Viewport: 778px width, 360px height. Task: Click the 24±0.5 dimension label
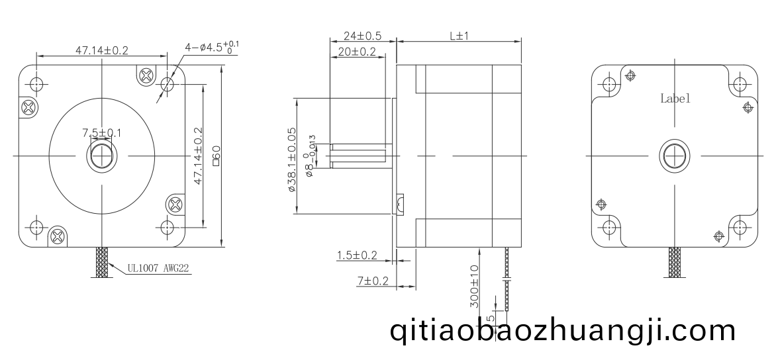tap(362, 36)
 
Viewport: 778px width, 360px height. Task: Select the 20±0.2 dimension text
tap(357, 51)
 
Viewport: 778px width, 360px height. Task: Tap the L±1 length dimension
tap(460, 36)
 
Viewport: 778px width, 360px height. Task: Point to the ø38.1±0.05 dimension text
tap(292, 159)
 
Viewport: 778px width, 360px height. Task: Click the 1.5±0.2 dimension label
tap(357, 255)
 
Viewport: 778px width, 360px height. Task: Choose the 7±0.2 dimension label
tap(373, 281)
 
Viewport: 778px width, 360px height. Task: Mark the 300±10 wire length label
tap(474, 286)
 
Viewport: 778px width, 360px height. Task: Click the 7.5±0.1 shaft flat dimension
tap(102, 133)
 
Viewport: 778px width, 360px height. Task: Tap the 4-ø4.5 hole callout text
tap(212, 47)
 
